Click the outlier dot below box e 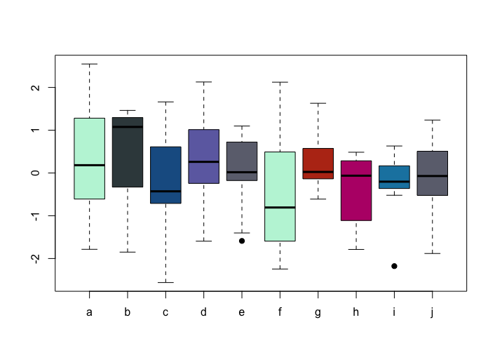point(242,241)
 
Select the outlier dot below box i point(394,266)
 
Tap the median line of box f point(280,207)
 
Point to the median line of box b point(128,127)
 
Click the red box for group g point(318,164)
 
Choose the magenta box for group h point(356,191)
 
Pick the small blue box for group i point(394,177)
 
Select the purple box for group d point(203,156)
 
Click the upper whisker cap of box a point(89,64)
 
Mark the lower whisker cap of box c point(165,282)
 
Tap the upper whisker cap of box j point(433,120)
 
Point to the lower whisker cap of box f point(280,269)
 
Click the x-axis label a point(89,312)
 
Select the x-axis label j point(432,312)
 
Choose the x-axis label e point(242,312)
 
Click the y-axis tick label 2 point(36,87)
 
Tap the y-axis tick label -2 point(36,258)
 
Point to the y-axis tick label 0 point(36,173)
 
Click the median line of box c point(165,191)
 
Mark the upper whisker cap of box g point(318,103)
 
